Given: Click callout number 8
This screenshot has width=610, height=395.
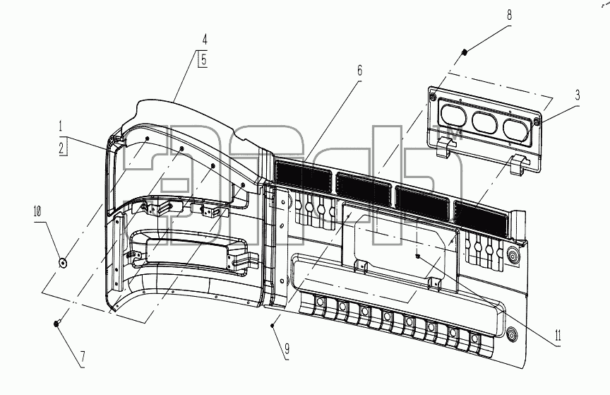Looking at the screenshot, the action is [x=509, y=16].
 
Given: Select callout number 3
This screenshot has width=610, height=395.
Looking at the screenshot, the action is [x=578, y=95].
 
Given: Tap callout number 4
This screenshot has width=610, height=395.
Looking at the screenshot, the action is [x=205, y=40].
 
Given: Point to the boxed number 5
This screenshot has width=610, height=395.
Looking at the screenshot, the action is [x=203, y=59].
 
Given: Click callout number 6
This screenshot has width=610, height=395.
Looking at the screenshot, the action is [x=359, y=71].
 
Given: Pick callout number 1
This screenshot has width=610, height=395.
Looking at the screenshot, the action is [x=60, y=126].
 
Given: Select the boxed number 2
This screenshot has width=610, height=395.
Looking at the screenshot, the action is [x=62, y=148].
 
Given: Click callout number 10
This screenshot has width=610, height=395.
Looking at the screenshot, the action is [x=37, y=212].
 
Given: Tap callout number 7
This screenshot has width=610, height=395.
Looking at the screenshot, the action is [x=83, y=357].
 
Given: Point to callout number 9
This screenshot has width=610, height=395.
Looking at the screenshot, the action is [x=287, y=348].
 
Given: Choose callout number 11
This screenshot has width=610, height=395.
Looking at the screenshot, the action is [x=558, y=335].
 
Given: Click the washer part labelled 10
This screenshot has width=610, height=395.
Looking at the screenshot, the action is [x=63, y=264].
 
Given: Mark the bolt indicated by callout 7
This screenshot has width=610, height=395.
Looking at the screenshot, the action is [x=56, y=323].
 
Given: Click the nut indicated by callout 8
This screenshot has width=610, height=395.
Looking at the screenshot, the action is [x=464, y=52].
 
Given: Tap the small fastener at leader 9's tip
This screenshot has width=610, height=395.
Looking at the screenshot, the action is [x=273, y=325].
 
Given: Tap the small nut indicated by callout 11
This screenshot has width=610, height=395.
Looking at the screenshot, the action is [x=417, y=256].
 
